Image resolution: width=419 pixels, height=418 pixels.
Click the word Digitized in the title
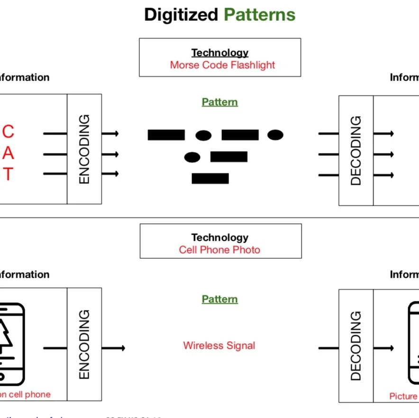tap(182, 15)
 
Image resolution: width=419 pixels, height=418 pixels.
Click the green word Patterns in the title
tap(259, 15)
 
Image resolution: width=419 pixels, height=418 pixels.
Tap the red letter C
tap(9, 131)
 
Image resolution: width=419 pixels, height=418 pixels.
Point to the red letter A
tap(9, 154)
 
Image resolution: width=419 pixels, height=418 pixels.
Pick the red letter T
tap(8, 174)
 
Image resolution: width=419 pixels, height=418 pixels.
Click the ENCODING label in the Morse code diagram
tap(84, 149)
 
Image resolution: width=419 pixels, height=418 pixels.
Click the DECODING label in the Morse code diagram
tap(356, 150)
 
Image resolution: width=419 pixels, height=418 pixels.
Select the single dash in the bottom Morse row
tap(210, 178)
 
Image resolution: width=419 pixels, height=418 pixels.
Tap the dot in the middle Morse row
tap(192, 156)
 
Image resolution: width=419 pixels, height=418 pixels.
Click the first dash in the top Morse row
tap(166, 135)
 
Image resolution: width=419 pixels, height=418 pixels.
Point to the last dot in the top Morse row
tap(275, 135)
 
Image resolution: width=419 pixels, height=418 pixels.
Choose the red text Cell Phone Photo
tap(219, 250)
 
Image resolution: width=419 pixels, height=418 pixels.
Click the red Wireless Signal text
tap(219, 345)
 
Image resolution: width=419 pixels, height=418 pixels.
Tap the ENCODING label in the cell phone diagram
tap(84, 344)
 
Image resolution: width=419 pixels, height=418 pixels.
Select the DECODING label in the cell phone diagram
tap(356, 345)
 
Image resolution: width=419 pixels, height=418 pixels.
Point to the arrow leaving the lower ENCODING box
tap(113, 348)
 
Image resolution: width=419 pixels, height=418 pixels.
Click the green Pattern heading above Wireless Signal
tap(219, 299)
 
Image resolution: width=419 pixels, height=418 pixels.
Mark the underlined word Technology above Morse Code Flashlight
tap(219, 53)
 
